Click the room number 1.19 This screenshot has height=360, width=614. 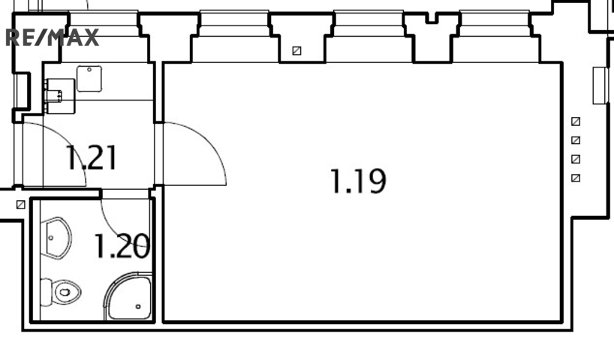pyautogui.click(x=358, y=181)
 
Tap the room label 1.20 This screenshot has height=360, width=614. pyautogui.click(x=122, y=246)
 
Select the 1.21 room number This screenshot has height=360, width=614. pyautogui.click(x=92, y=157)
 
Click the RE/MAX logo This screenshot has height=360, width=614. pyautogui.click(x=52, y=37)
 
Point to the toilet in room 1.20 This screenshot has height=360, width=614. pyautogui.click(x=61, y=292)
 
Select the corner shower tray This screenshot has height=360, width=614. pyautogui.click(x=128, y=296)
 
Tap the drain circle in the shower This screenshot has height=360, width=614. pyautogui.click(x=138, y=307)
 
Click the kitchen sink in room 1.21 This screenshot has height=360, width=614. pyautogui.click(x=89, y=79)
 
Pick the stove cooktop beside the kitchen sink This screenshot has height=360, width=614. pyautogui.click(x=60, y=96)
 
